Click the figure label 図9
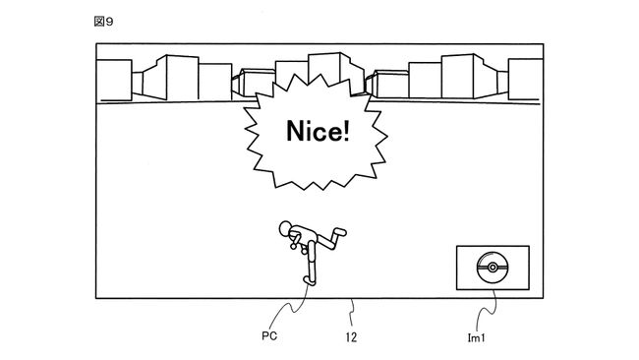[102, 21]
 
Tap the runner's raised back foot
[341, 234]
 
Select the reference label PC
[268, 336]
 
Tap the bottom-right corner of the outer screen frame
[544, 296]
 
